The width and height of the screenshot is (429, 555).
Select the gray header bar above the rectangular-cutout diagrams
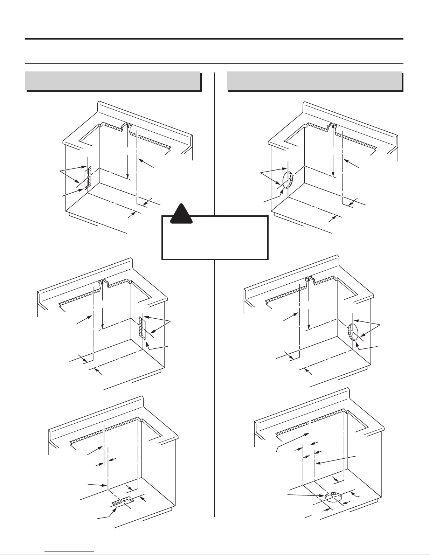[113, 81]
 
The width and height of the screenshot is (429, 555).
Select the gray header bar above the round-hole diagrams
[314, 81]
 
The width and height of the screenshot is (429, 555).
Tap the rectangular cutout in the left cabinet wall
[88, 178]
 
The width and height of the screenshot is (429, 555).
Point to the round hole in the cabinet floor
[333, 497]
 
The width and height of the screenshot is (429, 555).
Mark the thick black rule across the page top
[214, 39]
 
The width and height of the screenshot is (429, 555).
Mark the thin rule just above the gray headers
[214, 64]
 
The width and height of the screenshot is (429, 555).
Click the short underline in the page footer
[70, 551]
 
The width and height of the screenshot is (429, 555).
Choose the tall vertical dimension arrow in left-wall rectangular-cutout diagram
[127, 151]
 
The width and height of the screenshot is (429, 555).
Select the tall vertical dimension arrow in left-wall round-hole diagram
[333, 151]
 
